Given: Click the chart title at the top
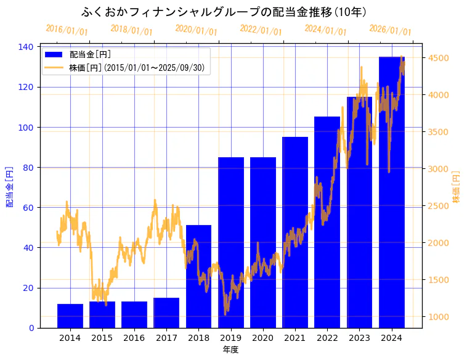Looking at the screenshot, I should point(224,12).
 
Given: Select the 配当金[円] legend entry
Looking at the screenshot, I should point(90,54).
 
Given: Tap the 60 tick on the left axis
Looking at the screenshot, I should point(30,208).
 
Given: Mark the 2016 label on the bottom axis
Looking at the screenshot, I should point(134,338).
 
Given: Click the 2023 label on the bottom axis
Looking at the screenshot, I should point(359,338).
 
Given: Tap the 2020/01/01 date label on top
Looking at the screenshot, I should point(196,30).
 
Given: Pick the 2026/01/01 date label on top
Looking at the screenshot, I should point(390,30).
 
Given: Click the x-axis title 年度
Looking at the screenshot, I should point(230,350).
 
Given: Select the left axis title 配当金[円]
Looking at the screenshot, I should point(9,186).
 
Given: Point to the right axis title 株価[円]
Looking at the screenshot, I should point(457,187).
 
